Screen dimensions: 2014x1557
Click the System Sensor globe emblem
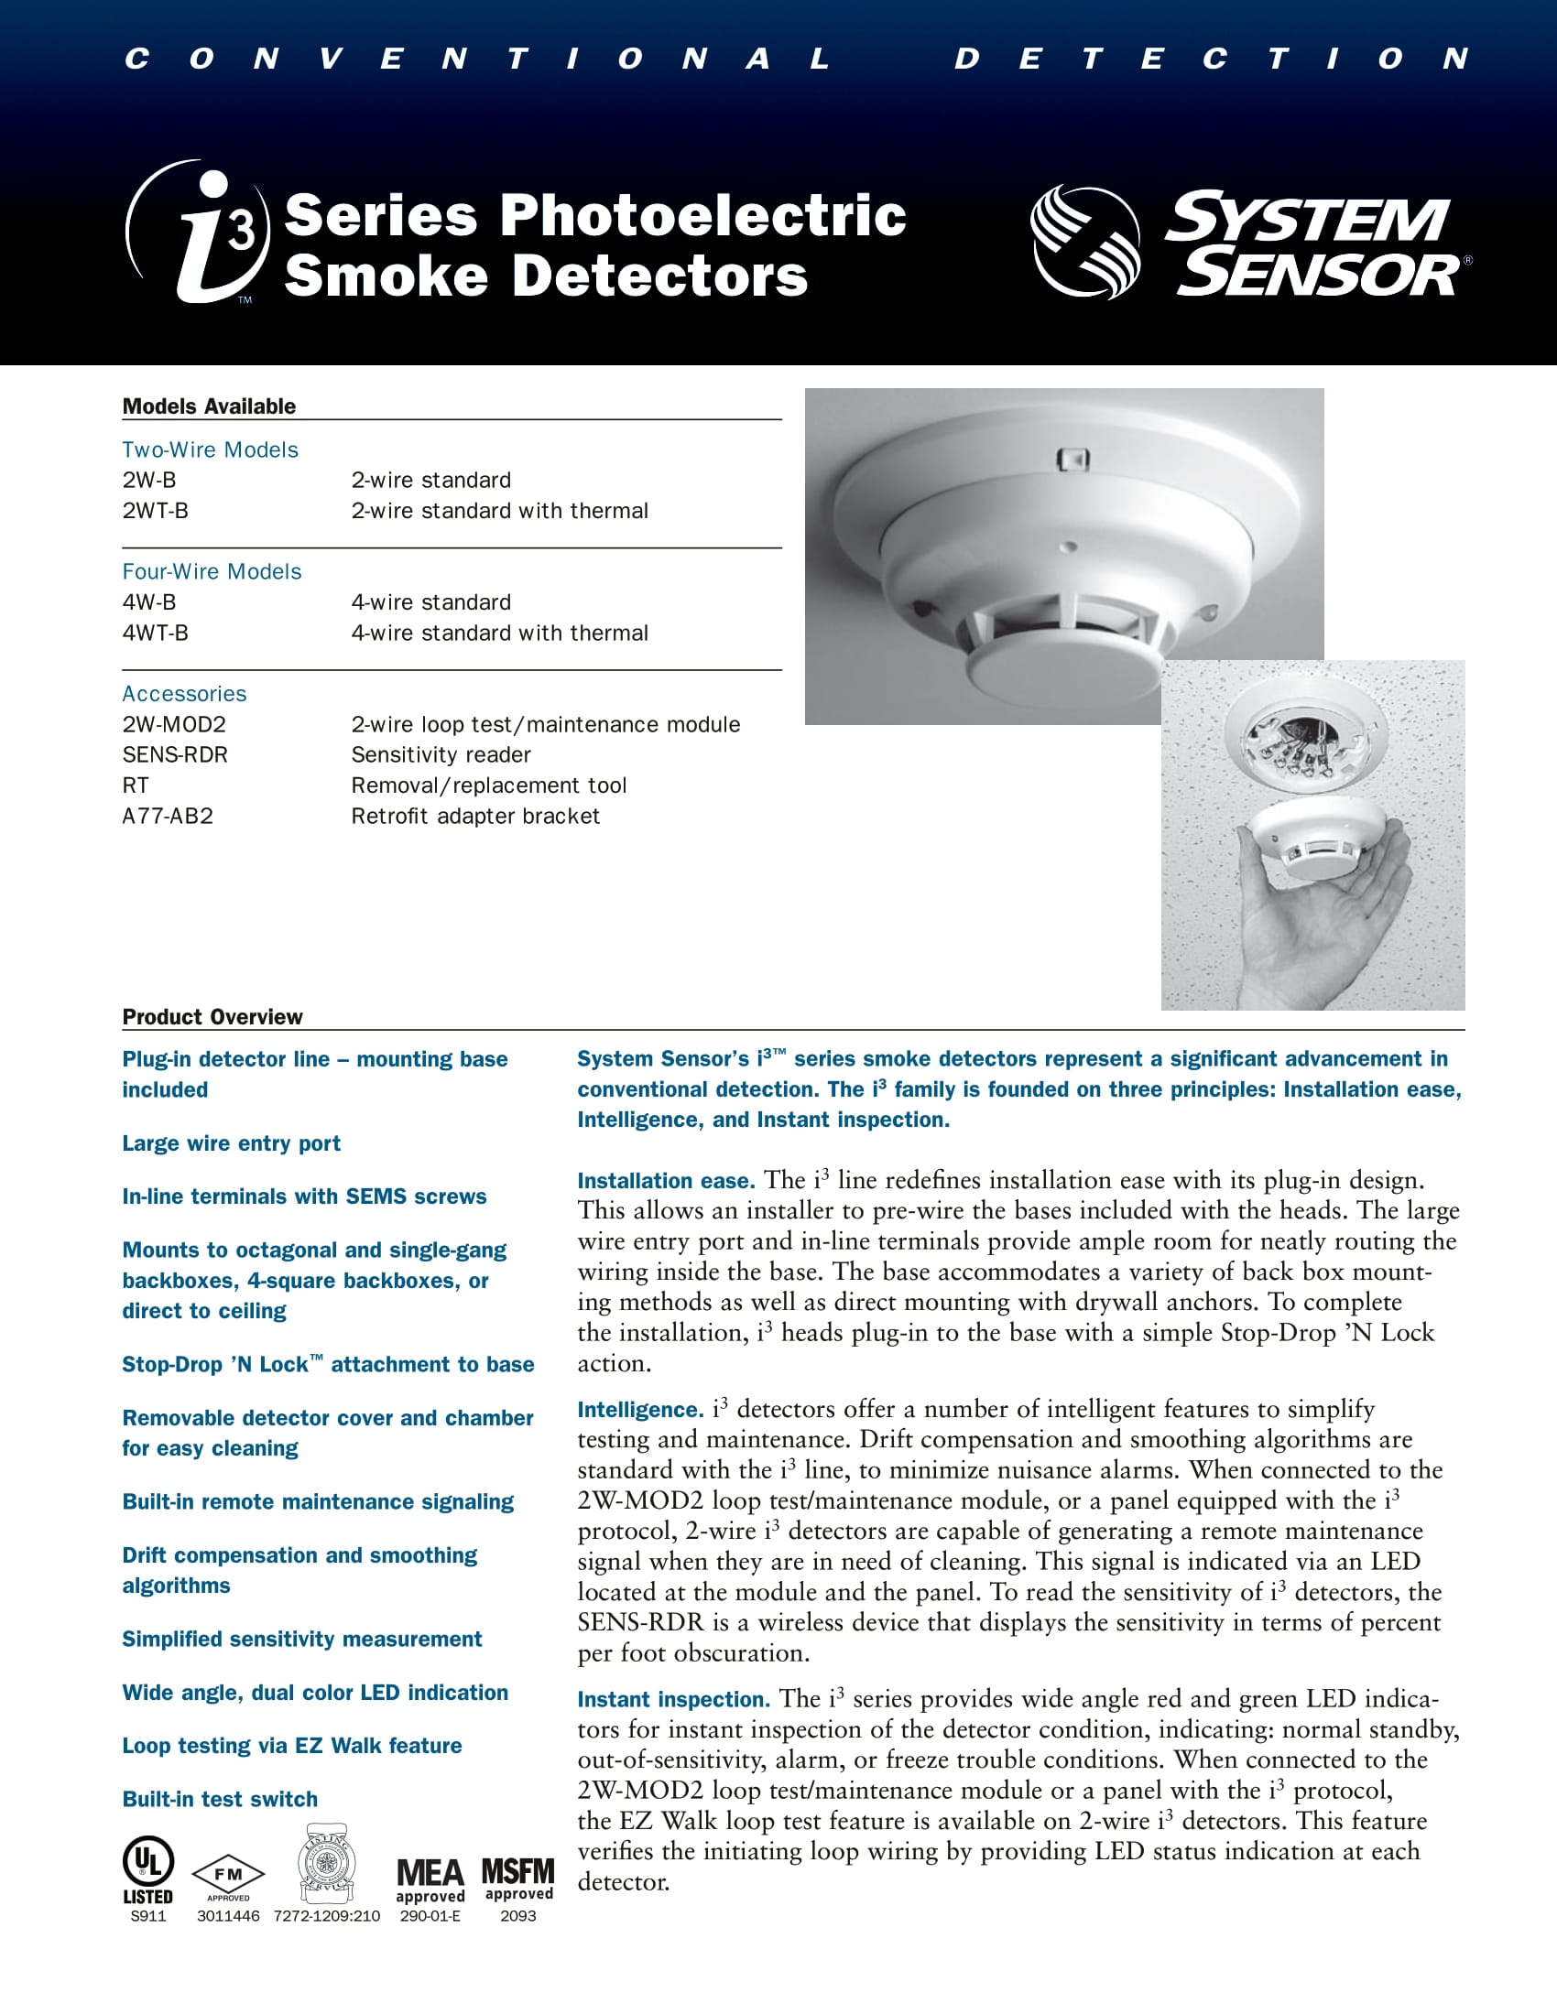(x=1084, y=242)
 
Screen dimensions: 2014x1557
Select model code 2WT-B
(x=155, y=511)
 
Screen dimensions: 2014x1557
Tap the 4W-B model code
(x=148, y=602)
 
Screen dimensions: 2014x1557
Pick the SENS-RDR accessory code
(x=175, y=754)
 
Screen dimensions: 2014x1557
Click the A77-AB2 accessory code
(x=168, y=816)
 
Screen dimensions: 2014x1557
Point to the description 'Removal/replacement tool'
(x=488, y=785)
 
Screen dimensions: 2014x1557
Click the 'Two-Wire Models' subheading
(x=211, y=450)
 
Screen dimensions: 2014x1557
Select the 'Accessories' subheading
(x=184, y=694)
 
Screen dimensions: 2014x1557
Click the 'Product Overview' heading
(x=212, y=1016)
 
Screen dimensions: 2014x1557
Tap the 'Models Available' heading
(x=210, y=406)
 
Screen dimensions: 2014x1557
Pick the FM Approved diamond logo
(x=228, y=1875)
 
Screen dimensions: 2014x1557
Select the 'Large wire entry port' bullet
(x=232, y=1143)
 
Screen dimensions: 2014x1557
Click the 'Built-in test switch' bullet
(x=220, y=1799)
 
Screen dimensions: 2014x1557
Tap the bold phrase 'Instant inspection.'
(x=673, y=1700)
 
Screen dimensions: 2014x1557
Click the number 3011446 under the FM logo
(x=228, y=1915)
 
